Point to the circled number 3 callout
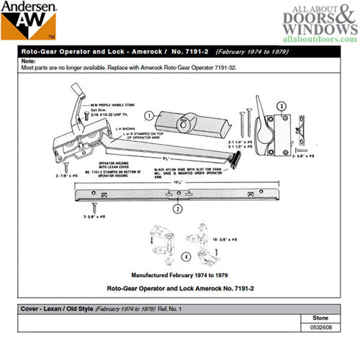[x=273, y=107]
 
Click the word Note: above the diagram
[x=30, y=61]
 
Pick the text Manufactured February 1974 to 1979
[x=176, y=275]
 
